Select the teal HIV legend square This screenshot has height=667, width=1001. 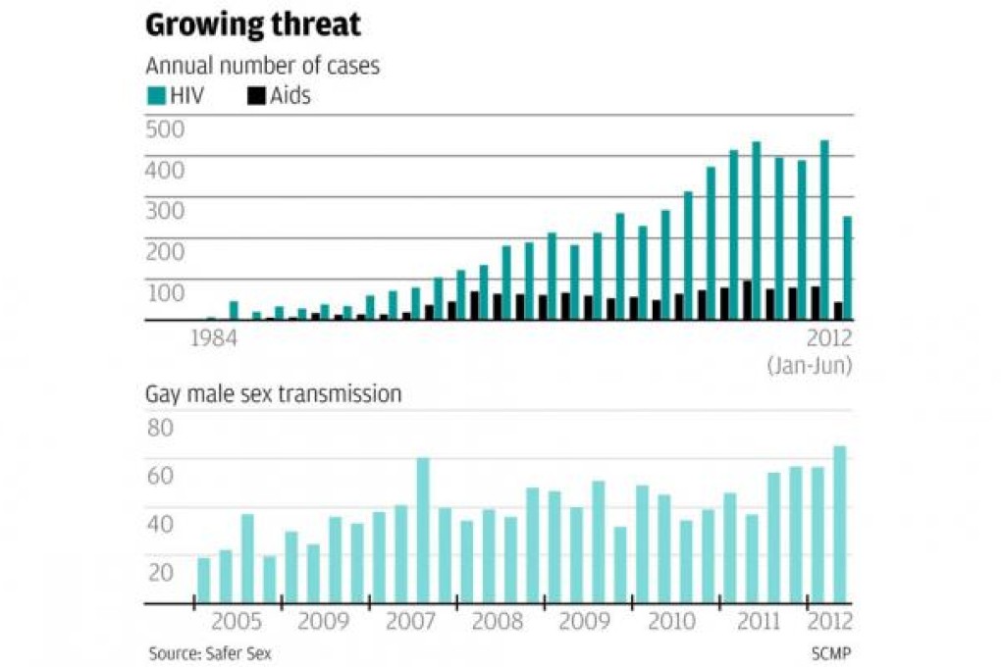tap(156, 95)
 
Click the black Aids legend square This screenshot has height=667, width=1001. tap(255, 95)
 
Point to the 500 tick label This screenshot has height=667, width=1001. tap(164, 128)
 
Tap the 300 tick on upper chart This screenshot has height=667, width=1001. tap(164, 210)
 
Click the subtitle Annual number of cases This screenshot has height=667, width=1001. tap(262, 67)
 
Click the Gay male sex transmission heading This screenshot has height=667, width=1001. tap(273, 394)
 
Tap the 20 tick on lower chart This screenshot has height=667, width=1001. tap(160, 572)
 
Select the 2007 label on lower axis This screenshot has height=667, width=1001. tap(411, 622)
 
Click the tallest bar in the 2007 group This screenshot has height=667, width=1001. tap(423, 531)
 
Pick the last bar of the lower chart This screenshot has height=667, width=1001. tap(840, 525)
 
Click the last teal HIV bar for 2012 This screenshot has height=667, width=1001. tap(847, 268)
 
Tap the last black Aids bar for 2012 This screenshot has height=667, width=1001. tap(837, 311)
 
